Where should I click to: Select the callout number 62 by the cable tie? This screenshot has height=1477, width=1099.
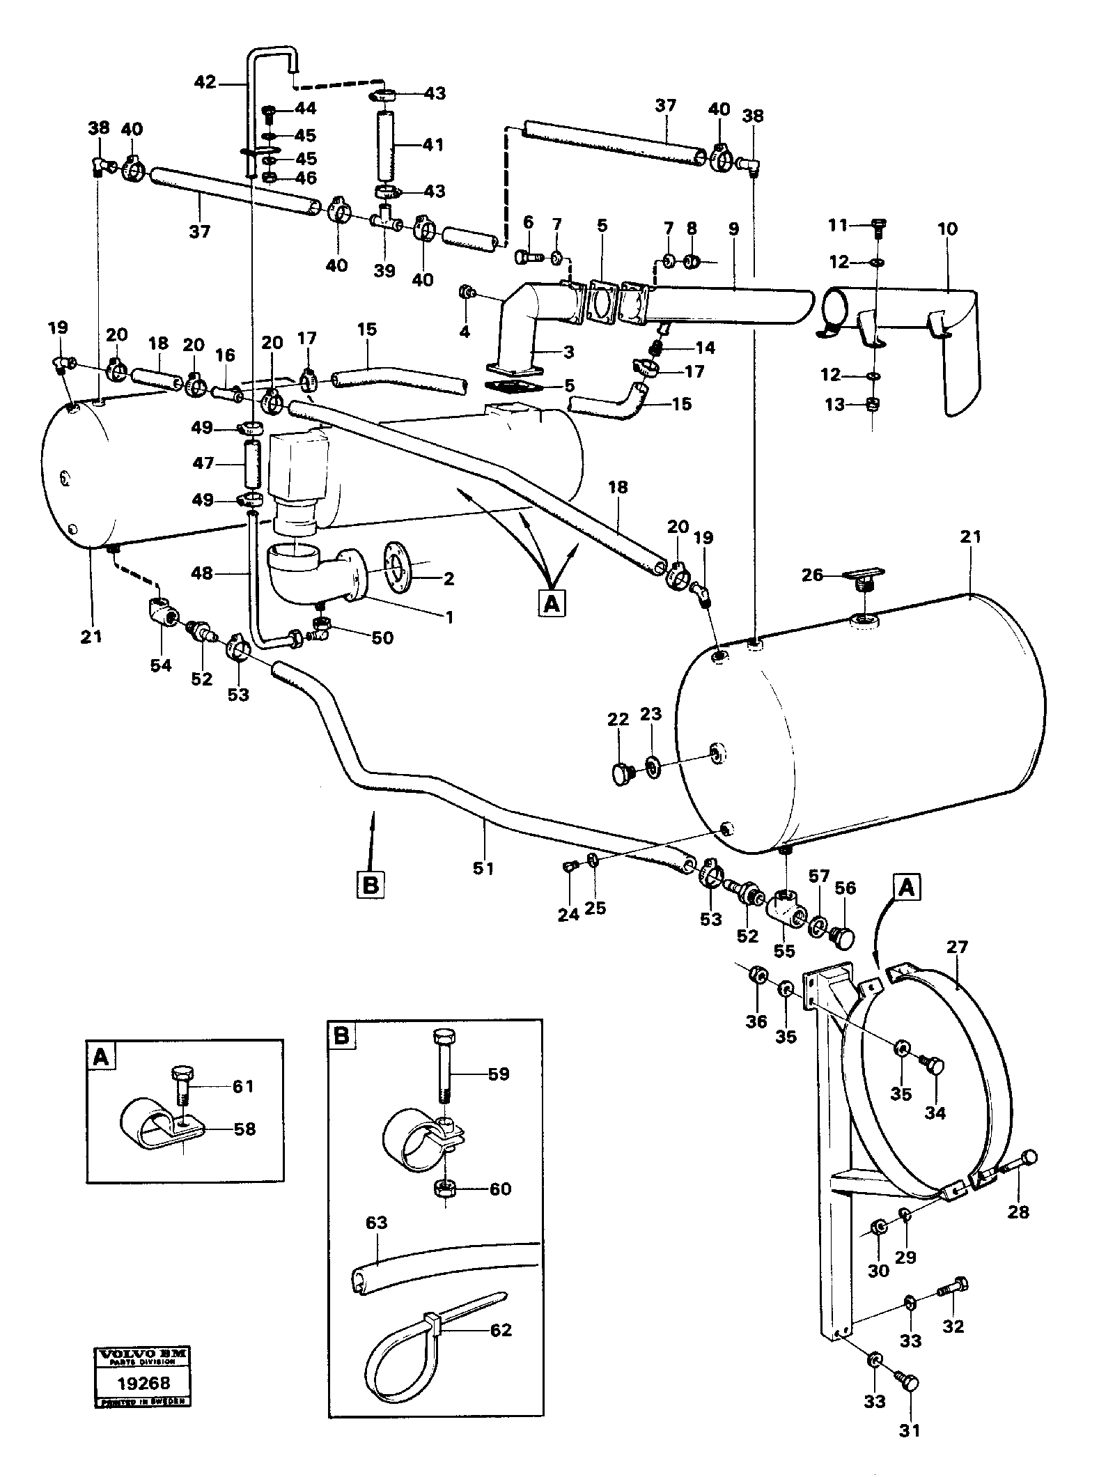click(501, 1329)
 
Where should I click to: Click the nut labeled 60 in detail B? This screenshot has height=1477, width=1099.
click(444, 1189)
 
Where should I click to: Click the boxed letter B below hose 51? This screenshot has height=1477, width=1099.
click(371, 885)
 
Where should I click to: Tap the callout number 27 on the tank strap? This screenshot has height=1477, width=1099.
click(958, 948)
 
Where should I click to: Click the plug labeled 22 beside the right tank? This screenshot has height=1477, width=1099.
click(619, 773)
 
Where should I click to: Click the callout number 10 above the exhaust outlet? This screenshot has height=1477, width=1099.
click(946, 229)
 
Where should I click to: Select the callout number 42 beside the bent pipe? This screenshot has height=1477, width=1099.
click(205, 82)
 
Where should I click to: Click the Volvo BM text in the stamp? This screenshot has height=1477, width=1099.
click(142, 1354)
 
